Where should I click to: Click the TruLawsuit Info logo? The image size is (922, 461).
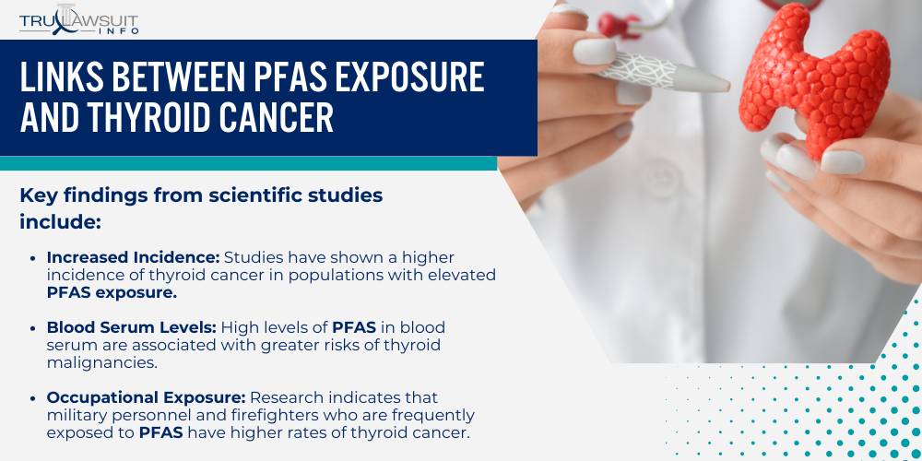pos(80,18)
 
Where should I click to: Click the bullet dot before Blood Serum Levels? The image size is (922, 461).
pos(34,328)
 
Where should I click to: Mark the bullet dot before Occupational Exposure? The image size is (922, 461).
pos(34,398)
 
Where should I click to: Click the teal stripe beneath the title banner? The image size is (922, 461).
pos(249,163)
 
